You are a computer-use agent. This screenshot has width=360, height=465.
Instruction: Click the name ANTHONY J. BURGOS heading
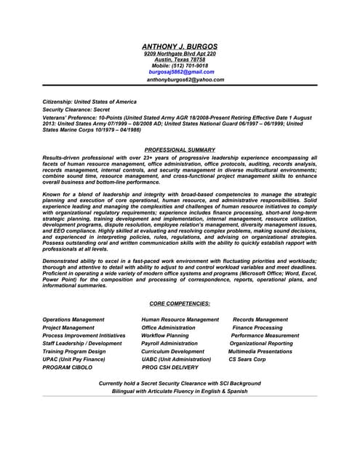[x=180, y=46]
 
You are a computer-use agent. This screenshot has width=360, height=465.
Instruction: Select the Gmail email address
[x=180, y=72]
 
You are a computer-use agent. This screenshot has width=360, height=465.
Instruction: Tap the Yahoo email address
[x=185, y=80]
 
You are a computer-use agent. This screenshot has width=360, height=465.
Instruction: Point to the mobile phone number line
[x=180, y=65]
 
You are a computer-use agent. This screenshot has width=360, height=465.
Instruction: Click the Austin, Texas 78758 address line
[x=180, y=60]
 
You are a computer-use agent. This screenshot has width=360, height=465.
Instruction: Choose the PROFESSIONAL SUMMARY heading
[x=180, y=150]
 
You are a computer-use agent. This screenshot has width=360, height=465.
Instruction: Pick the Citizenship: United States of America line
[x=89, y=101]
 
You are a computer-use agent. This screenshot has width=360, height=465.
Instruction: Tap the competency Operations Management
[x=73, y=320]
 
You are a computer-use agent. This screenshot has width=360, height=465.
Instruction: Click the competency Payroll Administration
[x=169, y=344]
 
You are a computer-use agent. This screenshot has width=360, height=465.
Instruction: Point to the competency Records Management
[x=260, y=320]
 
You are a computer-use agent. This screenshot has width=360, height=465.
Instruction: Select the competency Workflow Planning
[x=165, y=336]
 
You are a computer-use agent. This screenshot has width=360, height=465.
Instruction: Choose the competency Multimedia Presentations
[x=260, y=352]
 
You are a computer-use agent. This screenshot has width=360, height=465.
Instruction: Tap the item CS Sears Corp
[x=247, y=360]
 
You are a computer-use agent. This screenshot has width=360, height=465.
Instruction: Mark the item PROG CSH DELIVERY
[x=169, y=368]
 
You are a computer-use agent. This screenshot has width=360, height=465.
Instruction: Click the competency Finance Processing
[x=257, y=328]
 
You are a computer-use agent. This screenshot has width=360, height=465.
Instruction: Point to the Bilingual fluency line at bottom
[x=180, y=391]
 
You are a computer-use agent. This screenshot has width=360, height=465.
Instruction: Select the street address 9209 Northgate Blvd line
[x=180, y=54]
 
